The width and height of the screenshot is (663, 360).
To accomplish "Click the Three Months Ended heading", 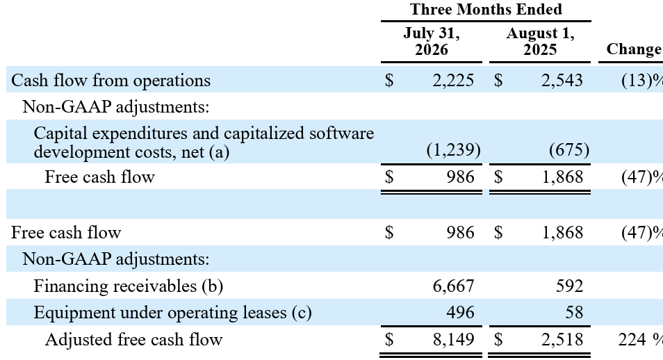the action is [x=486, y=9].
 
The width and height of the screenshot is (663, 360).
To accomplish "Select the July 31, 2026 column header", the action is [x=432, y=41].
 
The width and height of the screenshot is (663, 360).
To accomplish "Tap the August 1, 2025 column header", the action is [x=541, y=41].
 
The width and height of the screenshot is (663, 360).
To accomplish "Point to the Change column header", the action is [x=634, y=49].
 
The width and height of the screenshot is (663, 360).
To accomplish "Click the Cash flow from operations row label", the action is [x=110, y=80].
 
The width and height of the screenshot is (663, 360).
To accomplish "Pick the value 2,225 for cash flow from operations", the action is [x=453, y=80].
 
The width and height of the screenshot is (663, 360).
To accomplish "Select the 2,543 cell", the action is [x=562, y=80].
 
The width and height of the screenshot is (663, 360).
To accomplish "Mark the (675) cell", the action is [x=569, y=149].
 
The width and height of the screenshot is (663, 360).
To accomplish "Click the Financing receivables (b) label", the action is [x=128, y=286].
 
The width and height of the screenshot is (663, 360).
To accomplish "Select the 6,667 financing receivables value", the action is [x=453, y=286].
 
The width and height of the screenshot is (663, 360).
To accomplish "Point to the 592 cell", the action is [x=570, y=286].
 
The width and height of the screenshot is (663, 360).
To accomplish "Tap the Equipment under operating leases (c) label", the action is [x=172, y=313].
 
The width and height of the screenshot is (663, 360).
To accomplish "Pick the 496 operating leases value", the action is [x=461, y=313].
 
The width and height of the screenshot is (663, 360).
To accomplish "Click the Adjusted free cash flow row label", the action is [x=133, y=339].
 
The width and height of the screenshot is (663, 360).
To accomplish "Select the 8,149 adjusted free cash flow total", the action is [x=453, y=339].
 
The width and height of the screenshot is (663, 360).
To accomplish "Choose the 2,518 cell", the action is [x=562, y=339].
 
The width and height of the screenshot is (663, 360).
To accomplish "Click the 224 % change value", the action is [x=640, y=339].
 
